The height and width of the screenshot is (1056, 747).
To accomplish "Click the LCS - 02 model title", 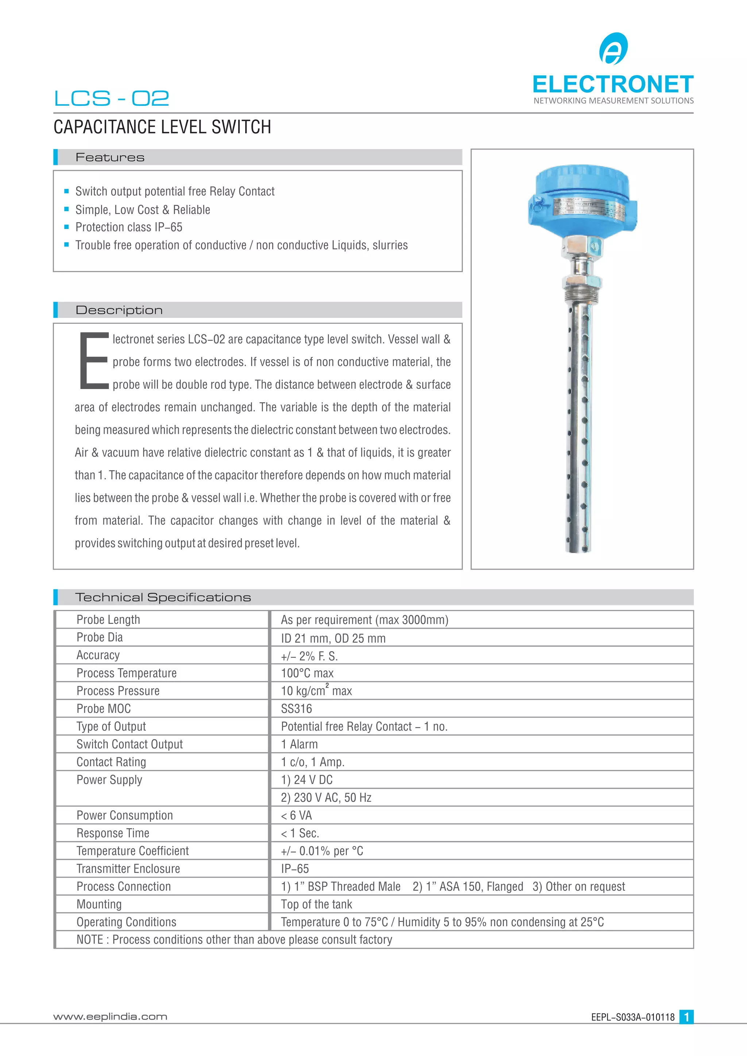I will point(111,98).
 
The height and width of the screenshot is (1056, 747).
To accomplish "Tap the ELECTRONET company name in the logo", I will point(613,85).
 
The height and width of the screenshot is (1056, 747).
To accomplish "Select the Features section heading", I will point(110,157).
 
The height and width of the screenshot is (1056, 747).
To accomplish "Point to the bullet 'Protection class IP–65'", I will point(129,227).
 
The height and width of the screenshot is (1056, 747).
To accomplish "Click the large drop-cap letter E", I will point(94,361).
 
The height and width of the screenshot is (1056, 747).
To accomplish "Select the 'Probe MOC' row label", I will point(104,709).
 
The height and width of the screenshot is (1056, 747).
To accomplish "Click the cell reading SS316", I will point(296,709).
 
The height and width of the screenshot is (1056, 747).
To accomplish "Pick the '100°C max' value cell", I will point(307,673).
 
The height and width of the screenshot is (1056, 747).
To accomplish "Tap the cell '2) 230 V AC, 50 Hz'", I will point(326,797).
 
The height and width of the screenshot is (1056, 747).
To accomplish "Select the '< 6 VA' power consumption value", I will point(296,815).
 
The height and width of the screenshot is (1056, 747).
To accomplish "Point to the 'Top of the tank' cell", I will point(317,904).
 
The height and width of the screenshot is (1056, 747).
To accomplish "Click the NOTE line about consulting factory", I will point(234,940).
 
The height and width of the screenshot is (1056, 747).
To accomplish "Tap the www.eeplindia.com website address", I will point(111,1017).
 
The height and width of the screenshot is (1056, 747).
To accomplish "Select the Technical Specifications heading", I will point(163,597).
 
